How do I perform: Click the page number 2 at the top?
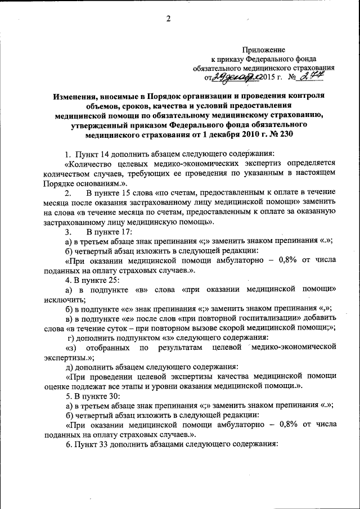pos(168,19)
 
